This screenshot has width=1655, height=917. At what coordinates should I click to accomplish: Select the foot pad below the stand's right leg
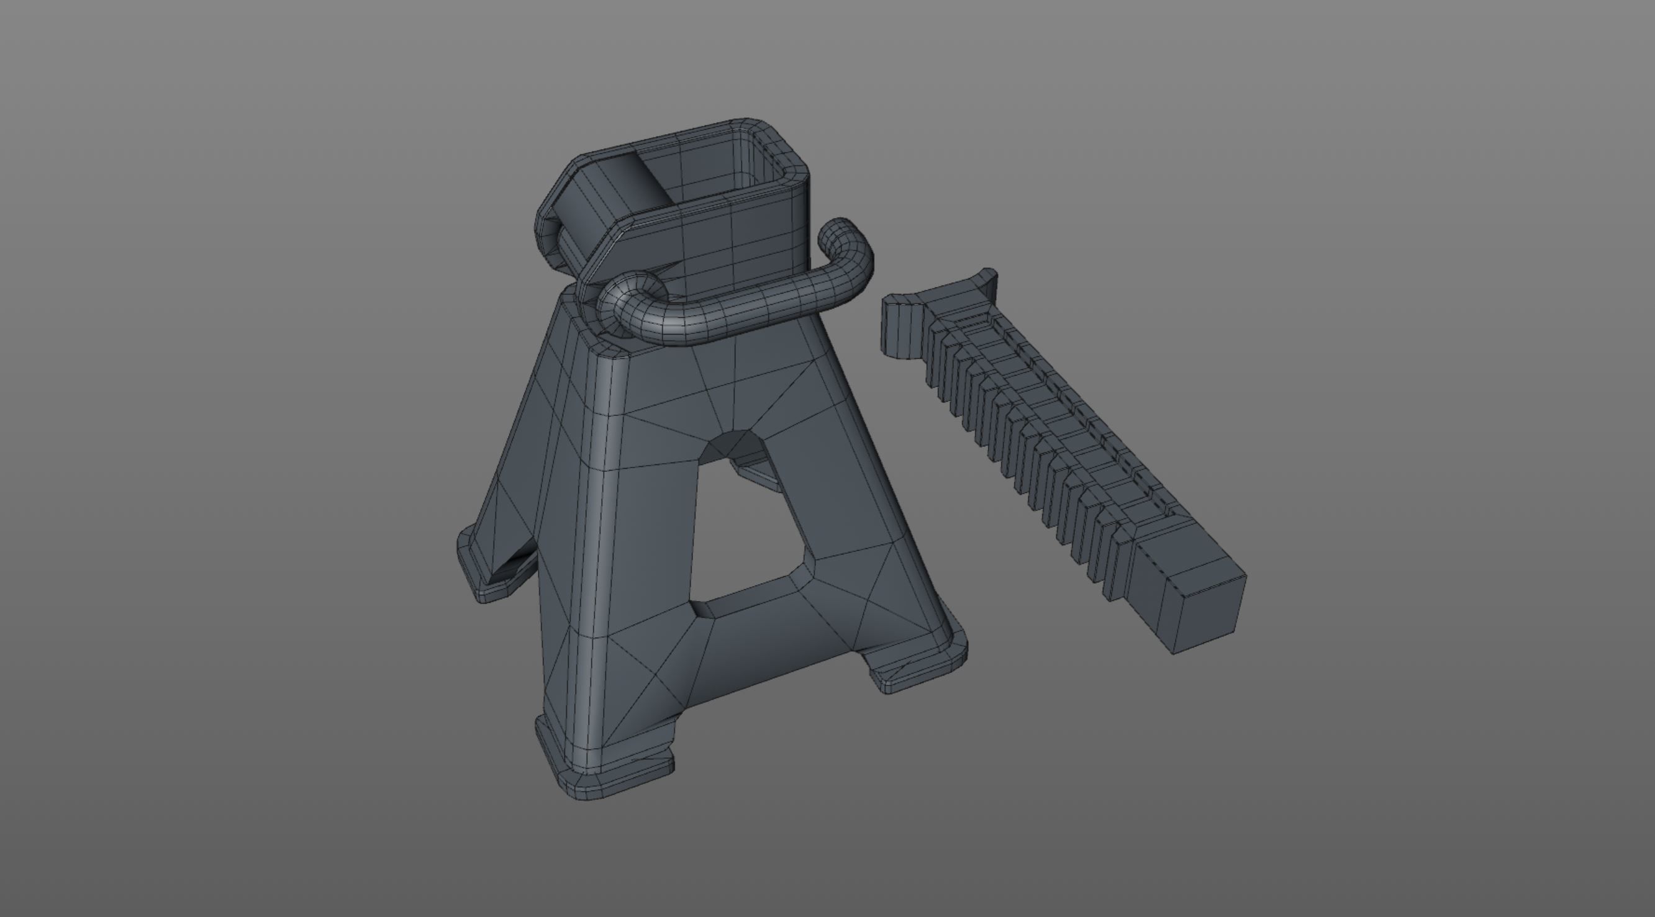pyautogui.click(x=925, y=668)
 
